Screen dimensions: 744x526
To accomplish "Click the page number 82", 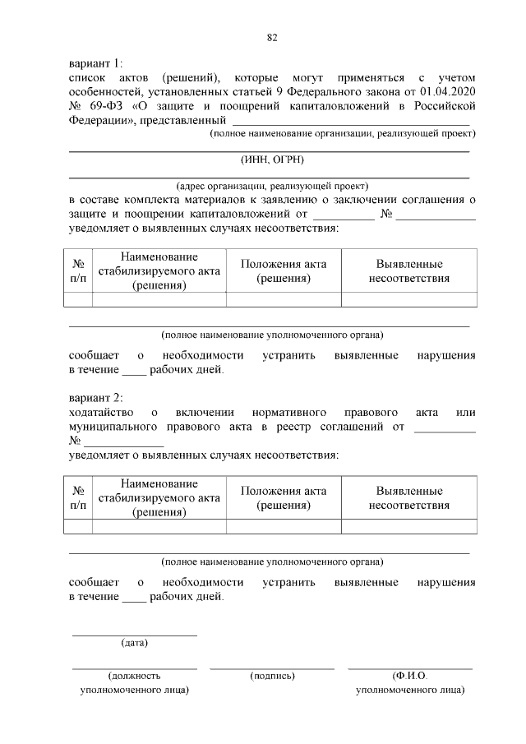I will point(271,38).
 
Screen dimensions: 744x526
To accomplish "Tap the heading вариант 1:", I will point(95,62).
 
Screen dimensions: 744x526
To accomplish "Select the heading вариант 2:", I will point(95,396).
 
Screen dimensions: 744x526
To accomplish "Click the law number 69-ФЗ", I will point(106,106).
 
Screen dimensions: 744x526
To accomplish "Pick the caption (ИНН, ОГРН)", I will point(268,162).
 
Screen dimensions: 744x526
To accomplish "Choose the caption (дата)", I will point(134,642).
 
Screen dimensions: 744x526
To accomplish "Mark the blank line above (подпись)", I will point(271,668).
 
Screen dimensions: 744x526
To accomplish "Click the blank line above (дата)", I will point(134,635).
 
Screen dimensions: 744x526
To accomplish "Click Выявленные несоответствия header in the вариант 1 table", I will point(409,270).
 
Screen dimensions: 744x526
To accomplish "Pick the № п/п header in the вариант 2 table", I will point(78,497).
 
